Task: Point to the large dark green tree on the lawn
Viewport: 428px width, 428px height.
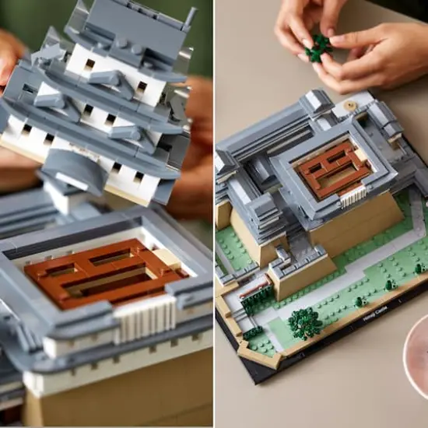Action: click(304, 322)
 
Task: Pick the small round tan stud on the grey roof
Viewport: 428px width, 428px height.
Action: click(353, 105)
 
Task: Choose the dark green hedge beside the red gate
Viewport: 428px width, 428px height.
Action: click(258, 307)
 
